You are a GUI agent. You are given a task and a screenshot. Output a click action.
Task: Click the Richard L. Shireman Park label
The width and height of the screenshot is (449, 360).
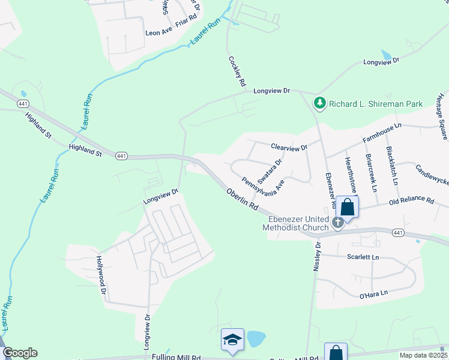pos(376,104)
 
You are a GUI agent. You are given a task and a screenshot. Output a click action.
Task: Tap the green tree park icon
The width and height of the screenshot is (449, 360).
pos(320,104)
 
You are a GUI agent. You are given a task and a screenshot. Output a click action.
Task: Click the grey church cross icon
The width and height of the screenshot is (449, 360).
pos(338,223)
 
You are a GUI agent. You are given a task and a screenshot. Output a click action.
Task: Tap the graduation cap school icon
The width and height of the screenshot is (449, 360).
pos(232,340)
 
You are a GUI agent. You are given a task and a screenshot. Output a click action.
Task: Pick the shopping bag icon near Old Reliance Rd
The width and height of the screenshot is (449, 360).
pos(347,207)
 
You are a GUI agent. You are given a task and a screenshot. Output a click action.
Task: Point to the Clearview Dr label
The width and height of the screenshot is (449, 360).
pos(289,147)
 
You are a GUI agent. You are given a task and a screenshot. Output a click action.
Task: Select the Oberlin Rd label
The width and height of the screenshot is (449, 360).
pos(243,198)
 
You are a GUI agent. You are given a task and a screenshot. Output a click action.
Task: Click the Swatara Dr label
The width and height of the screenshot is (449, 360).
pos(270,172)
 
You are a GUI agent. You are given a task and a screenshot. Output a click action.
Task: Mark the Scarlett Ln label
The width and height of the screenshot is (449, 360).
pos(363,257)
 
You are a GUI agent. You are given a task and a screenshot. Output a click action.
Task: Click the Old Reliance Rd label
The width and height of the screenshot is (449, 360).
pos(411,200)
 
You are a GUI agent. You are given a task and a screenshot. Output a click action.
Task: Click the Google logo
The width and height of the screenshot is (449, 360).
pos(20,353)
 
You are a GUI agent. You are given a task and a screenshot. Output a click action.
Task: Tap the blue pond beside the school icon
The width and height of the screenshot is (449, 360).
pos(256,339)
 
